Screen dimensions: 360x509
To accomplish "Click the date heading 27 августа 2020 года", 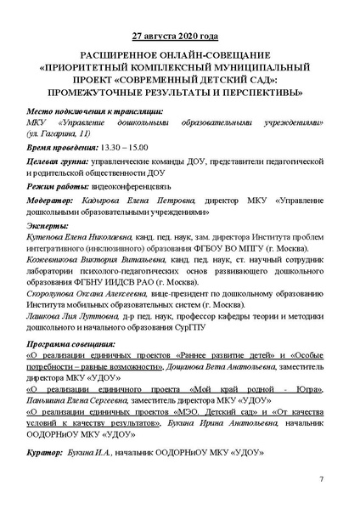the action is pyautogui.click(x=180, y=37).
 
